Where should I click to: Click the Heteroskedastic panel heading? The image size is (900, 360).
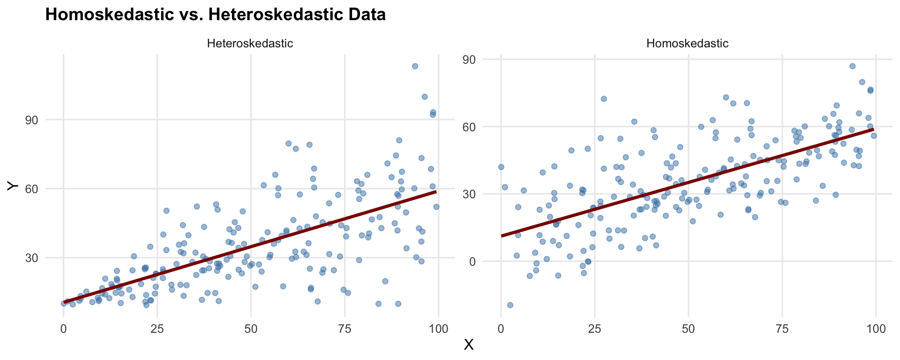[x=250, y=44]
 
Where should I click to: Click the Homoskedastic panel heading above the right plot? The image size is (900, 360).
[x=687, y=44]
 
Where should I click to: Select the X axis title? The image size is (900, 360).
[x=468, y=345]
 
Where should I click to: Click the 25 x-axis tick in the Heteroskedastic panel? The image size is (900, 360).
[x=157, y=329]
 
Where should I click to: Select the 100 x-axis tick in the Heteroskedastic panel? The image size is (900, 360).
[x=438, y=329]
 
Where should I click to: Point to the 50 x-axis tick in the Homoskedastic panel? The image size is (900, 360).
[x=688, y=329]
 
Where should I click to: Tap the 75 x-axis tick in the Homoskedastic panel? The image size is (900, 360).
[x=782, y=329]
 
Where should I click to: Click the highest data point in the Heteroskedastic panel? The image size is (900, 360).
[x=415, y=66]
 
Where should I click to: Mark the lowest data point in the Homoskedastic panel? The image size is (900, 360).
[x=510, y=305]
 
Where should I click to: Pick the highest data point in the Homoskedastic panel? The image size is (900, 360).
[x=852, y=66]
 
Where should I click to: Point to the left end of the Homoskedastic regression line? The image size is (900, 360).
[x=502, y=235]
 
